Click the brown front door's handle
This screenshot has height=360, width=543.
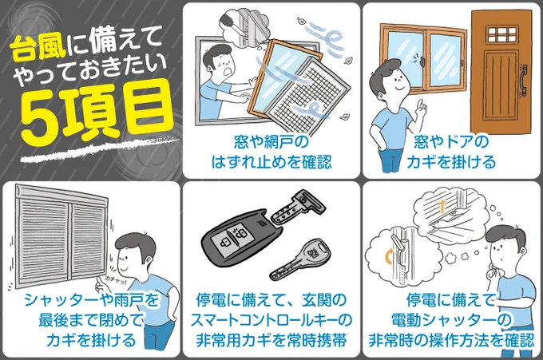[523, 79]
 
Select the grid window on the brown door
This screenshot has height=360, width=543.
[502, 34]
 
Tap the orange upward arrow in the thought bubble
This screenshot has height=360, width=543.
[442, 207]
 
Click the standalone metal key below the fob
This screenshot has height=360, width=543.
[299, 260]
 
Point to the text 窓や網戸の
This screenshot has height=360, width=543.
[271, 142]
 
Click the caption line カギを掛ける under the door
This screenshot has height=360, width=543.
[451, 162]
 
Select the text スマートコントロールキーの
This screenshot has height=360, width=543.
[271, 320]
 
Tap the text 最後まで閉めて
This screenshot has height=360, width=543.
[91, 320]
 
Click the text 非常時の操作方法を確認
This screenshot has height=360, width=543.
[451, 340]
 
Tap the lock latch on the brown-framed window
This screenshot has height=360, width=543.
[423, 61]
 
